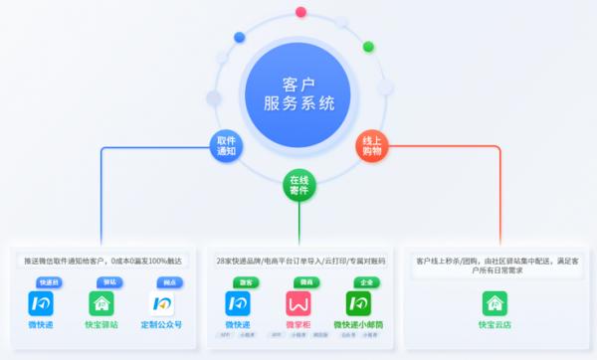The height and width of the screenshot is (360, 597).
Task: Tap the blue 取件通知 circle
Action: [226, 146]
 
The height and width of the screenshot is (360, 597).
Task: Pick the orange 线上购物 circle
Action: [372, 146]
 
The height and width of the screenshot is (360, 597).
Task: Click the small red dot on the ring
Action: [300, 12]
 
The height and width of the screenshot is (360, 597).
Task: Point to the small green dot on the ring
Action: [368, 46]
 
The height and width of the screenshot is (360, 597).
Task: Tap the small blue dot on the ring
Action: [239, 38]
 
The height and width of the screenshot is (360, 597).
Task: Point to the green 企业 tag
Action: [365, 282]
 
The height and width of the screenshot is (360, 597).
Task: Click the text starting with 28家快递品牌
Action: [298, 261]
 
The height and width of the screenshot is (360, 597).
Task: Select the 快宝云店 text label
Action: [495, 324]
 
